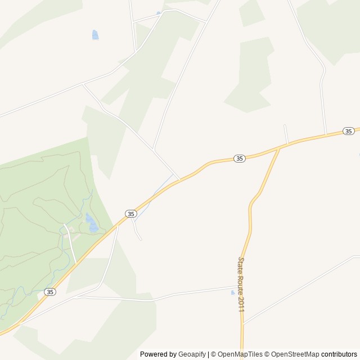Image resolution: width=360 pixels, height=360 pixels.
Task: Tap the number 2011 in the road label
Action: pyautogui.click(x=241, y=303)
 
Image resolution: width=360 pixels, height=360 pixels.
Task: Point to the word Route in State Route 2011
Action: pyautogui.click(x=241, y=282)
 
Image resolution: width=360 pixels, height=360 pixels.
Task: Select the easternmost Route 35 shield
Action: pyautogui.click(x=349, y=131)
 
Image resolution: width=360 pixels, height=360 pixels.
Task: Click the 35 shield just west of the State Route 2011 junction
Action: pyautogui.click(x=240, y=159)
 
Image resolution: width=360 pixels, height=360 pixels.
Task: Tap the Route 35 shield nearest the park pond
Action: pyautogui.click(x=131, y=214)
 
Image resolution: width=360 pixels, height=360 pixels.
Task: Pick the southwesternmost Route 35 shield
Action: pyautogui.click(x=50, y=292)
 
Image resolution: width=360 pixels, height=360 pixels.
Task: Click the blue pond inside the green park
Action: pyautogui.click(x=92, y=224)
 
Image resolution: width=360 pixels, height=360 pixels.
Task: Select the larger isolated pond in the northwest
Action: pyautogui.click(x=95, y=35)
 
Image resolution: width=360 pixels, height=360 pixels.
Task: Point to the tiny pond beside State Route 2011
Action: pyautogui.click(x=233, y=292)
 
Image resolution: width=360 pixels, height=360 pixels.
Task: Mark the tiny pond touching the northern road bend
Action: pyautogui.click(x=159, y=12)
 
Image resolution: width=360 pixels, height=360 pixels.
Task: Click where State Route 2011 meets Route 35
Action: pyautogui.click(x=280, y=148)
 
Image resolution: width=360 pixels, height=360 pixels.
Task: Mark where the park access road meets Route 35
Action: pyautogui.click(x=76, y=263)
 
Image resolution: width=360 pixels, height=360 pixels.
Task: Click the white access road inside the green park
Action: pyautogui.click(x=71, y=243)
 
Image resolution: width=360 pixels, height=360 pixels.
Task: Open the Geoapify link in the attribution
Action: pyautogui.click(x=192, y=354)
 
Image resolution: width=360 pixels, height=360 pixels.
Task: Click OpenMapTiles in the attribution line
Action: pyautogui.click(x=240, y=354)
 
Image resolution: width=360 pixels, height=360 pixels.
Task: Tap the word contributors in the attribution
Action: pyautogui.click(x=340, y=354)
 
